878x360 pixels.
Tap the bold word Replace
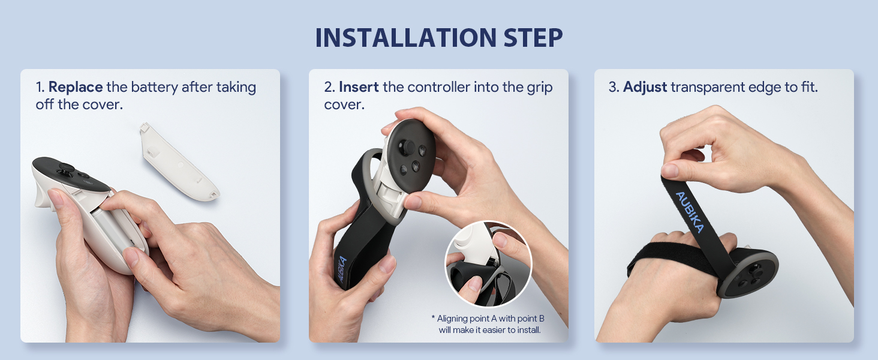[x=76, y=87]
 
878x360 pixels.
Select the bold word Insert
[x=359, y=87]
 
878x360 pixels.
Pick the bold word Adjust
[x=645, y=88]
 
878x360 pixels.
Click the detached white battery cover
[x=179, y=161]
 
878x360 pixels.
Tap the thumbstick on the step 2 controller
[x=407, y=148]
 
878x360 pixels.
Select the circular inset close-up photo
[x=488, y=264]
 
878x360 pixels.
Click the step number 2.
[x=329, y=88]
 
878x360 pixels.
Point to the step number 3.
[x=614, y=88]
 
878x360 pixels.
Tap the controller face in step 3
[x=748, y=274]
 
